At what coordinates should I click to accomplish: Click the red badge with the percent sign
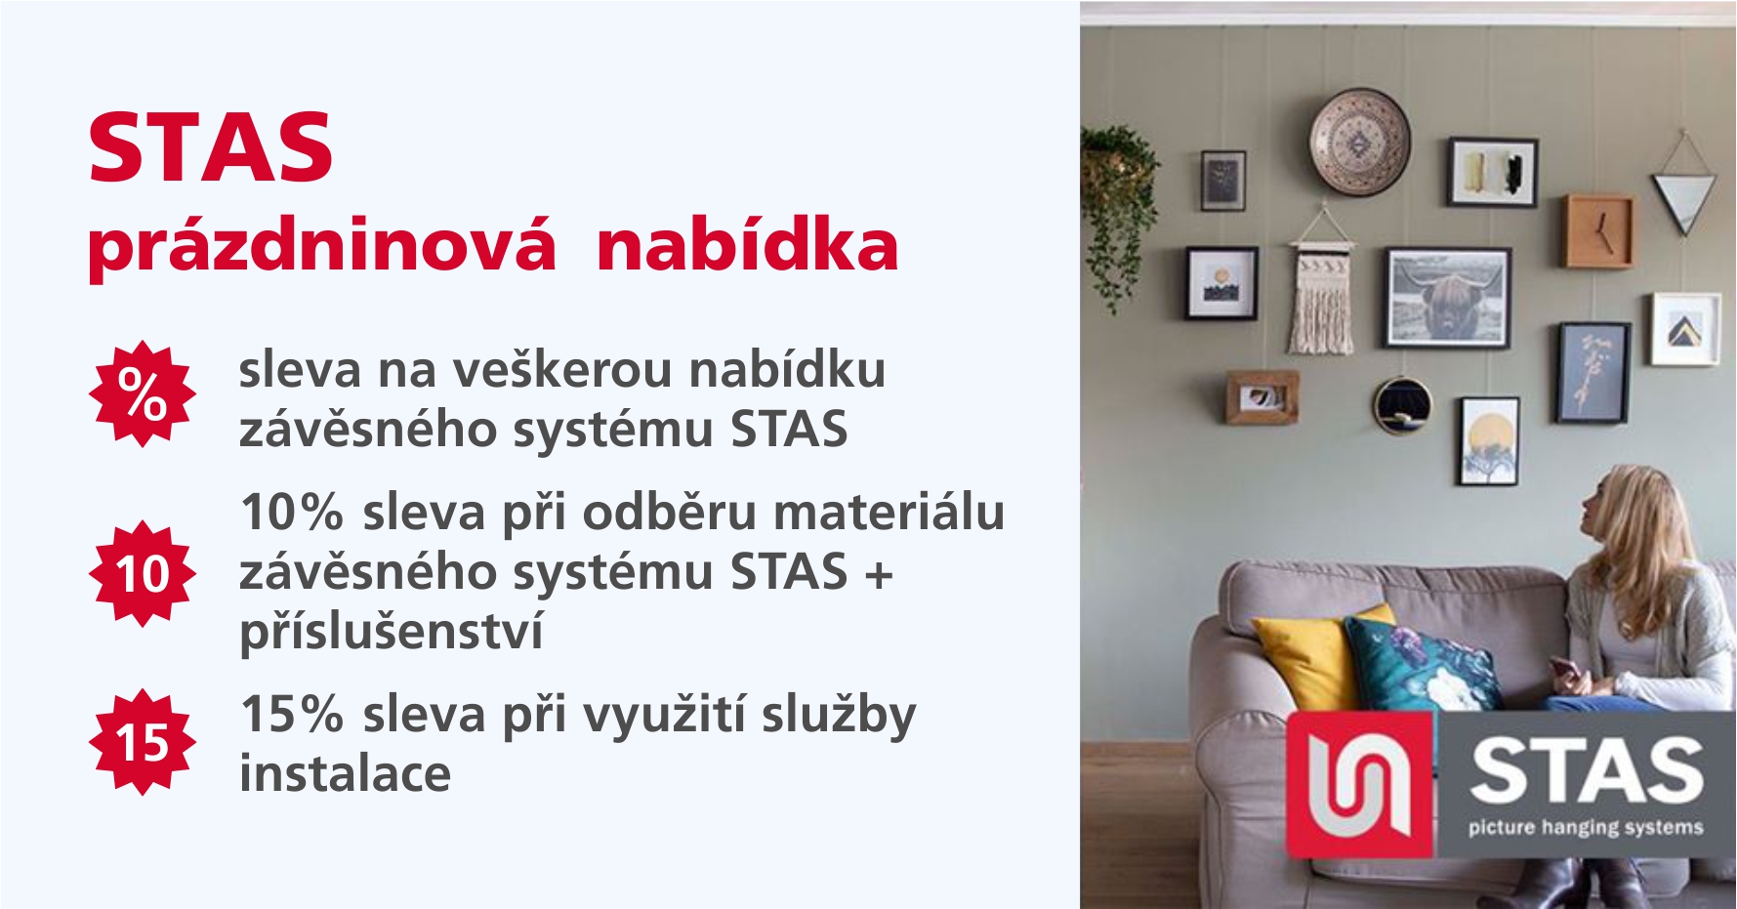pos(143,393)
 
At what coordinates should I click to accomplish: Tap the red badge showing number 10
pos(143,573)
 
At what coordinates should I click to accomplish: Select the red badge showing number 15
pos(143,742)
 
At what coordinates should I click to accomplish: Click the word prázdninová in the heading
pos(322,247)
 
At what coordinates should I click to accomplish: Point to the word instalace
pos(346,774)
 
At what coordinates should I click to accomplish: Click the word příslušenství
pos(392,631)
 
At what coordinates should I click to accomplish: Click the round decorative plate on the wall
pos(1360,143)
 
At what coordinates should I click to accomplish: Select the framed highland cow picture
pos(1449,298)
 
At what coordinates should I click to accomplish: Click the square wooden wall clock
pos(1600,231)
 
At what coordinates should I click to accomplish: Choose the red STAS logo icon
pos(1360,785)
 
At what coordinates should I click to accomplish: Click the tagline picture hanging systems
pos(1586,828)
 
